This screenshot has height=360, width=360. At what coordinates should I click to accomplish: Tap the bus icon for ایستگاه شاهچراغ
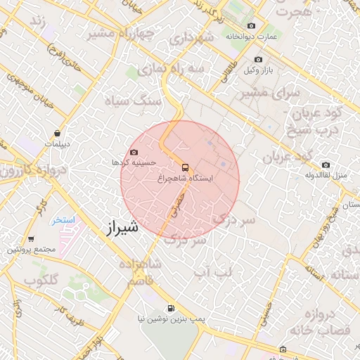pos(186,167)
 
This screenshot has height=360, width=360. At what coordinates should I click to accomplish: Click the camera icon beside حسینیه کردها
pos(134,152)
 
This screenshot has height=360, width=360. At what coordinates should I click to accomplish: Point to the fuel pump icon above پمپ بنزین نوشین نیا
pos(170,308)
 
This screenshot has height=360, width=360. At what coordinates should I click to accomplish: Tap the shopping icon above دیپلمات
pos(57,133)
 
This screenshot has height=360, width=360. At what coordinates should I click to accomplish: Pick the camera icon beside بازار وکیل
pos(268,70)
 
